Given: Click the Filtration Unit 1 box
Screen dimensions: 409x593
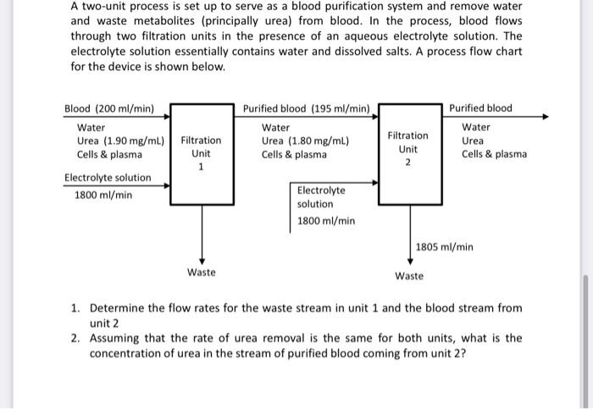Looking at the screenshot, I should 202,153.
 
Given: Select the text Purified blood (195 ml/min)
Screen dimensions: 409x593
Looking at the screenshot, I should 306,109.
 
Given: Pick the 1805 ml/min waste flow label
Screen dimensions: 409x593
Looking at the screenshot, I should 444,247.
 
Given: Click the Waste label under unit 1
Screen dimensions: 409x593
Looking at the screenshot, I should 202,272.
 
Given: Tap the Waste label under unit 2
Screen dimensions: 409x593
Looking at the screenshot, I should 409,276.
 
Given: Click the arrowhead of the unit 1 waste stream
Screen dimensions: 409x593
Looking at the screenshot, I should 202,260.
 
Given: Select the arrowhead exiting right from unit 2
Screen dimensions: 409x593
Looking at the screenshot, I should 544,118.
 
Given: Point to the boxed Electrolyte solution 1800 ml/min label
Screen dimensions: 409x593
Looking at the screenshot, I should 325,206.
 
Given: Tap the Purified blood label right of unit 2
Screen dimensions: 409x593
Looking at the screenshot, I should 480,109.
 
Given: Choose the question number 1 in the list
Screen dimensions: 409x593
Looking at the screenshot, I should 75,308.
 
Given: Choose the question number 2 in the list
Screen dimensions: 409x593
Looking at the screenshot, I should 75,338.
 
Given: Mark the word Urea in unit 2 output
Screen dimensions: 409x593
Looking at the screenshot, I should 473,141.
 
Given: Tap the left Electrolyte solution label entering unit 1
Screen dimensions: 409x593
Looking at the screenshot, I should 108,178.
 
